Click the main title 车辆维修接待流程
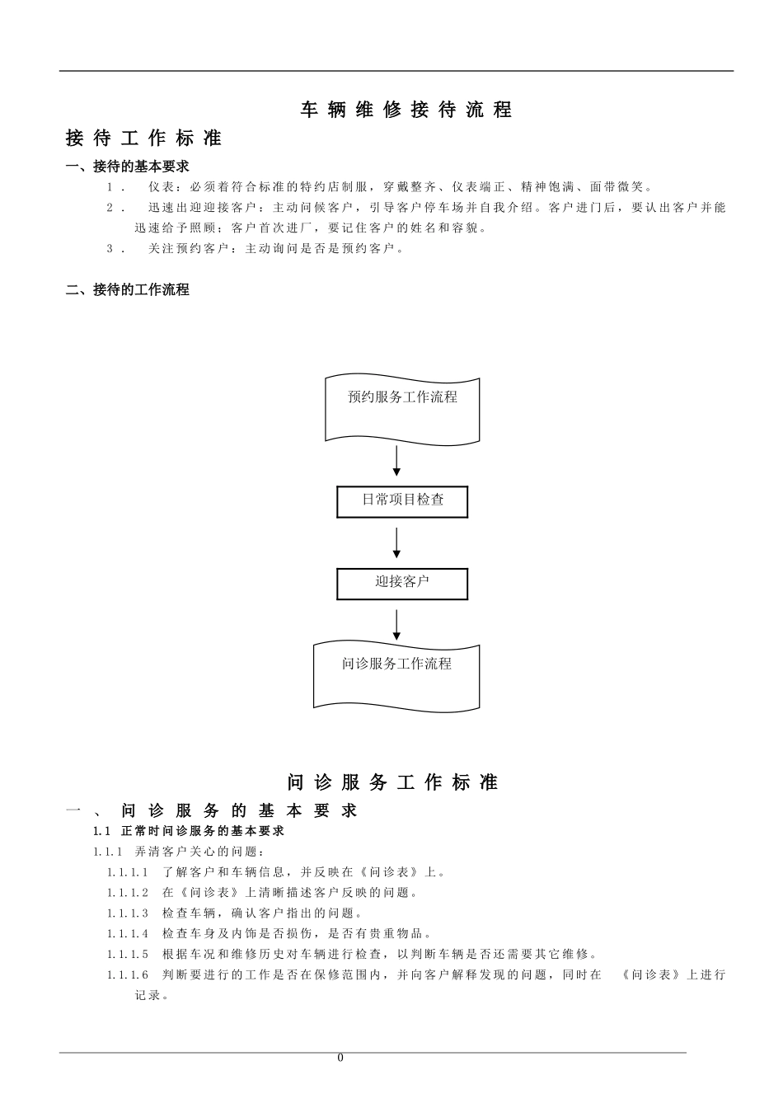click(406, 110)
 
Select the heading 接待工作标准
click(143, 138)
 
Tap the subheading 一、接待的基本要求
click(128, 167)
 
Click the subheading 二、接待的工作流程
click(128, 289)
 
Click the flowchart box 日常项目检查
click(402, 500)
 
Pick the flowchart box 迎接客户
click(402, 583)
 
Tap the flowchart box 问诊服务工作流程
click(396, 674)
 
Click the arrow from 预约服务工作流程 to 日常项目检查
click(396, 461)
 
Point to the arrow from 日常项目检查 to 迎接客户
click(396, 543)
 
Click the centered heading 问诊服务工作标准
click(393, 782)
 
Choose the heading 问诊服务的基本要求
click(239, 810)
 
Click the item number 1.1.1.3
click(128, 913)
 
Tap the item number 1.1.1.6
click(128, 974)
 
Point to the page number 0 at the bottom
click(340, 1059)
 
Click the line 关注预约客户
click(276, 248)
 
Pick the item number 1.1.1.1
click(128, 871)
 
